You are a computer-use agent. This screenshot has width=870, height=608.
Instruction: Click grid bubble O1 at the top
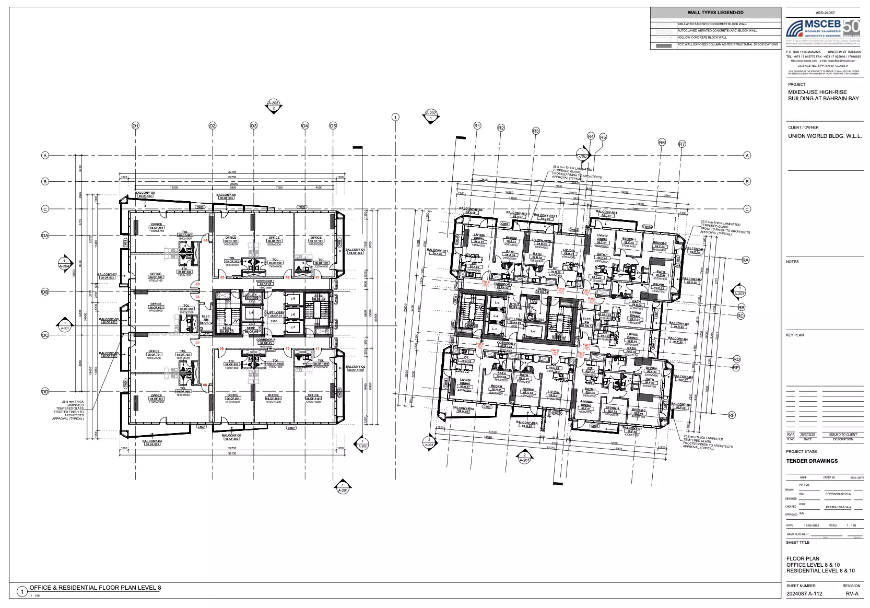(x=135, y=126)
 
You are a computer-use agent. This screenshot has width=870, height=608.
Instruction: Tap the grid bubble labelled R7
(x=681, y=144)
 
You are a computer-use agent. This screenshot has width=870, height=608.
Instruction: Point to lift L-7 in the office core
(x=293, y=328)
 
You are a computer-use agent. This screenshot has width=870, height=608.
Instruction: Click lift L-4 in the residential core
(x=533, y=332)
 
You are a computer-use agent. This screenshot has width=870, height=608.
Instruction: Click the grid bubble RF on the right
(x=732, y=415)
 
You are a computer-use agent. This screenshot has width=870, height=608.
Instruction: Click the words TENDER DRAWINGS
(x=812, y=461)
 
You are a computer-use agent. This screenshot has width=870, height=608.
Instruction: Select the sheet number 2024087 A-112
(x=804, y=593)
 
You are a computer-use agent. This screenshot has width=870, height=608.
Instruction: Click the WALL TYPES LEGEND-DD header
(x=715, y=13)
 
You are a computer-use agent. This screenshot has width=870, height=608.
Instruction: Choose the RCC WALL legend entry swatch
(x=663, y=45)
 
